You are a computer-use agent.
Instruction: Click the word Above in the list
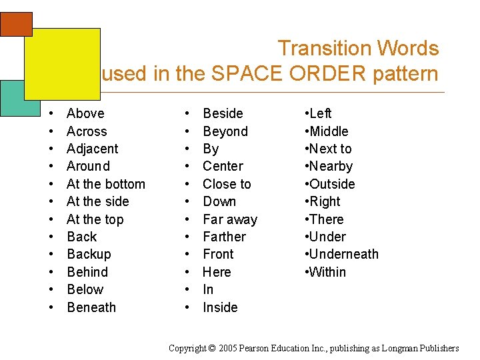(85, 114)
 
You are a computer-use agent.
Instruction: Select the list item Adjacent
(92, 149)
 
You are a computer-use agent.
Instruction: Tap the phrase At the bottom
(105, 184)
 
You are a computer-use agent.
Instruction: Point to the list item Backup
(89, 254)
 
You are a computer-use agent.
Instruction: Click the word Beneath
(91, 307)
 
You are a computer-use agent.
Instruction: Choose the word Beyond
(225, 131)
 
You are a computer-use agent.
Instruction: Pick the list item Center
(223, 166)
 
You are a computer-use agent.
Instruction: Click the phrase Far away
(229, 219)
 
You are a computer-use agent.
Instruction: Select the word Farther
(224, 237)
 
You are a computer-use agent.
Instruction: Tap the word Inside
(220, 307)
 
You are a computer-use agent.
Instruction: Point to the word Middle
(329, 131)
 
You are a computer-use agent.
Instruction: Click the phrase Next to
(330, 149)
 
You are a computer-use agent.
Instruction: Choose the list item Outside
(332, 184)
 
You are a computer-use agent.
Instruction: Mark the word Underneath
(343, 254)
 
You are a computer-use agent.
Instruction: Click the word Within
(327, 272)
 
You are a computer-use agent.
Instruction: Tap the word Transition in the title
(325, 49)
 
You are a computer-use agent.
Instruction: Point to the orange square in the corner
(16, 23)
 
